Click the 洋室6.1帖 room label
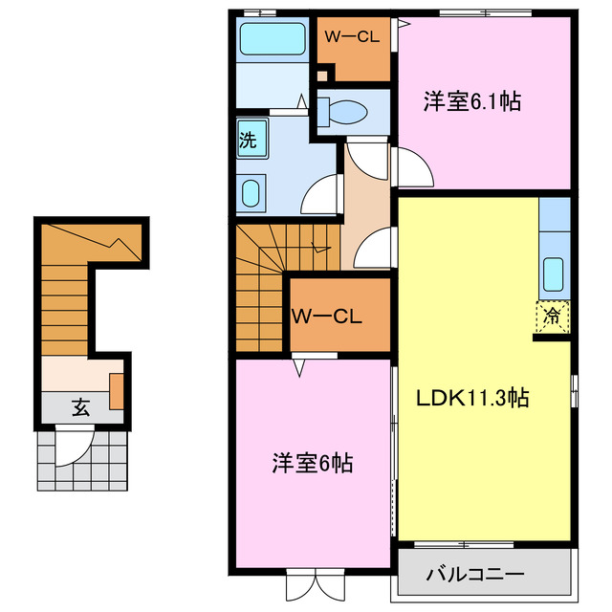tap(472, 101)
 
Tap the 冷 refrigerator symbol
tap(553, 313)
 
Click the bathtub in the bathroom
tap(271, 39)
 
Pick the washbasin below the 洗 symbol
tap(251, 193)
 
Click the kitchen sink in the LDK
tap(554, 274)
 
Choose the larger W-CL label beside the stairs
tap(326, 315)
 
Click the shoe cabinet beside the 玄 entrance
tap(116, 391)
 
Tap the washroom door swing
tap(317, 196)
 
